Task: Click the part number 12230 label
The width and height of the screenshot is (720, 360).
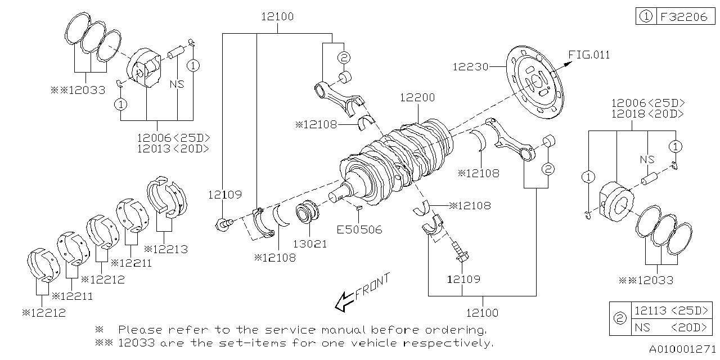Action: pyautogui.click(x=470, y=67)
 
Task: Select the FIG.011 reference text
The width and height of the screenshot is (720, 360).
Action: pyautogui.click(x=589, y=55)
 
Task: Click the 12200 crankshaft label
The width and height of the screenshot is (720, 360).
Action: pyautogui.click(x=417, y=97)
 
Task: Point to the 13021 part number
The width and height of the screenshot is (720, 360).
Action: pyautogui.click(x=309, y=245)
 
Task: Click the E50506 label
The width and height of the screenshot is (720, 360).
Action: pyautogui.click(x=359, y=229)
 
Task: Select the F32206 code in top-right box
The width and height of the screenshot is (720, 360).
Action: pyautogui.click(x=683, y=17)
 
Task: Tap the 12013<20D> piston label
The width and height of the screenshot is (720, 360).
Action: pyautogui.click(x=173, y=148)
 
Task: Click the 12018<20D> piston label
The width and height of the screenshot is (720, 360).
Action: pyautogui.click(x=648, y=114)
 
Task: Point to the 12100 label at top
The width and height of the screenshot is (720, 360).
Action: pyautogui.click(x=277, y=17)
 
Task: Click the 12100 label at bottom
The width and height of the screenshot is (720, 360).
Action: pyautogui.click(x=482, y=312)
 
